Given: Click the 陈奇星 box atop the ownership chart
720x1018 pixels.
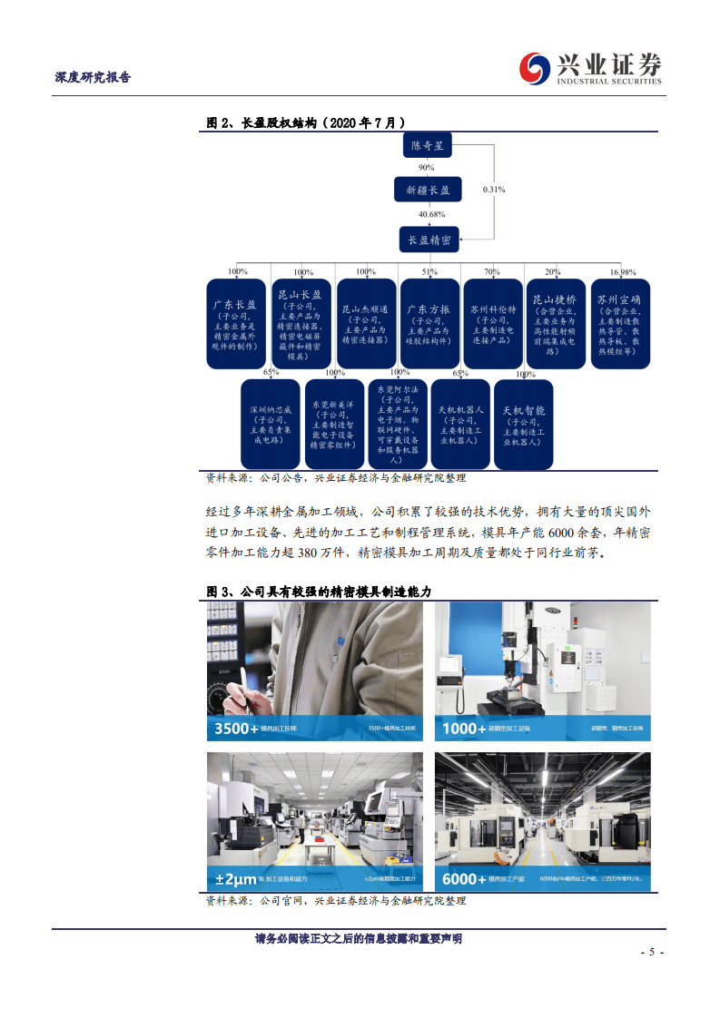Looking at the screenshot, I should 429,145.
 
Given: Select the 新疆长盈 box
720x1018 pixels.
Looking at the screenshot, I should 429,190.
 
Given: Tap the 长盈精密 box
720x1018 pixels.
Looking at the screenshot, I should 429,240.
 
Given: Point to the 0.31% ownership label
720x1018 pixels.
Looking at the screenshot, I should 494,190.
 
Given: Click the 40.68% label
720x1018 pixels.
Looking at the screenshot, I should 431,214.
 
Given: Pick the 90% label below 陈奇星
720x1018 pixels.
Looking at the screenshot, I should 426,168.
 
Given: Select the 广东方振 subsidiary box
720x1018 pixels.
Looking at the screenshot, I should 429,324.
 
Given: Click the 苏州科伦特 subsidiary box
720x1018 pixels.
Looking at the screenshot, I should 492,324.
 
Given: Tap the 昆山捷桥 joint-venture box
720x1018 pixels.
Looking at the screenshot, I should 555,324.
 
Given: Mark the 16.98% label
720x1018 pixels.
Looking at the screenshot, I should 623,272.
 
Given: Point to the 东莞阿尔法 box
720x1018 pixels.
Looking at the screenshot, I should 397,424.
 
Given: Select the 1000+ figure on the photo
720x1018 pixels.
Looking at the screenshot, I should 466,728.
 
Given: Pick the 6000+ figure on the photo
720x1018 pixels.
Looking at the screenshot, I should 466,878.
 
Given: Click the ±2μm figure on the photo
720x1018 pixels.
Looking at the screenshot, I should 235,878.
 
